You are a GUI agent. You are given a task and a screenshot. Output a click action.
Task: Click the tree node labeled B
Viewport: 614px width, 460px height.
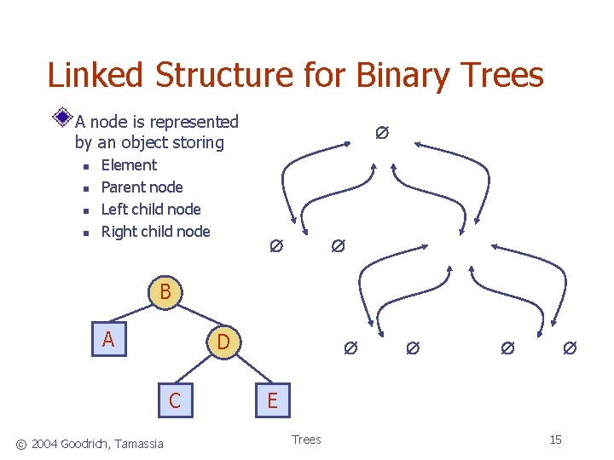click(x=165, y=292)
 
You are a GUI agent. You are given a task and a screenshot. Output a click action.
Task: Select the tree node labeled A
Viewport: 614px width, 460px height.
click(x=108, y=341)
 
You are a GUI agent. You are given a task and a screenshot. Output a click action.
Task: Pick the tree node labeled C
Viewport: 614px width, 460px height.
click(x=175, y=400)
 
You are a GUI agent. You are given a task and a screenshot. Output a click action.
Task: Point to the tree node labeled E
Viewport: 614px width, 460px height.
click(x=272, y=400)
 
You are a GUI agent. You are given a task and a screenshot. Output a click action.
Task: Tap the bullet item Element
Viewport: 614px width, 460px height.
click(x=129, y=165)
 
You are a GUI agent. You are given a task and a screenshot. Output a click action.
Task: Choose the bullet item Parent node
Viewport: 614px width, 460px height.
click(x=142, y=187)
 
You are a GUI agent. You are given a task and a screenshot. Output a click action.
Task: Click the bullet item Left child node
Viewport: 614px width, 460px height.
click(x=151, y=210)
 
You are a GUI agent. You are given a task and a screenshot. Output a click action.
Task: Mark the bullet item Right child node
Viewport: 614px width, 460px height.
click(x=155, y=232)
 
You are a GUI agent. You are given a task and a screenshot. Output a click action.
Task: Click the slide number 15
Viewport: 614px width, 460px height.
click(x=555, y=440)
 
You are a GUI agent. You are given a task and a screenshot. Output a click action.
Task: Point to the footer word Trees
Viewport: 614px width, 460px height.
click(x=306, y=440)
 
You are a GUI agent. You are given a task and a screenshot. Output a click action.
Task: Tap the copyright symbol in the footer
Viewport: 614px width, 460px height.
click(x=22, y=442)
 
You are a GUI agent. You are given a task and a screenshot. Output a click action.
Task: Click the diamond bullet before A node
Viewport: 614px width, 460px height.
click(x=62, y=118)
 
